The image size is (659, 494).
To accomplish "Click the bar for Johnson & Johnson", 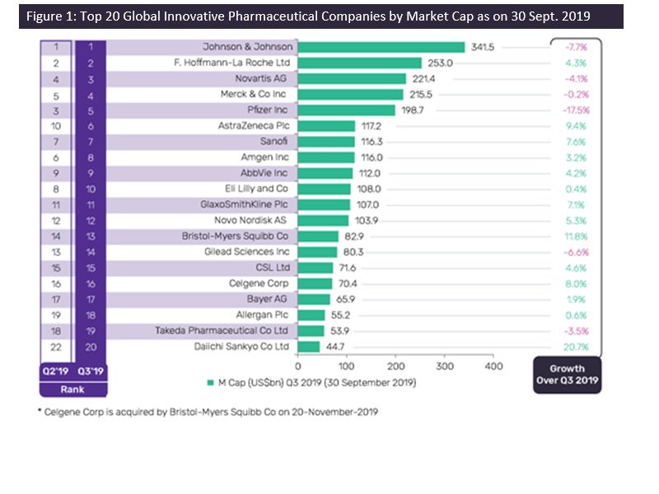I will point(381,47).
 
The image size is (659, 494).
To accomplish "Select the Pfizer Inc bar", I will point(346,110).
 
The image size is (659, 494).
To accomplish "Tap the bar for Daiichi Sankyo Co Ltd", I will point(308,346).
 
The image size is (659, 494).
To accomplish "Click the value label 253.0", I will point(440,63).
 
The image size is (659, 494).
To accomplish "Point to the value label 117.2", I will point(371,126).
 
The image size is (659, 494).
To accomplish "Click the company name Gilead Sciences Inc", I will point(246,252).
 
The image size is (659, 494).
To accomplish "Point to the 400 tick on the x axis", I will point(493,365).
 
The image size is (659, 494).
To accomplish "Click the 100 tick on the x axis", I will point(346,365).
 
